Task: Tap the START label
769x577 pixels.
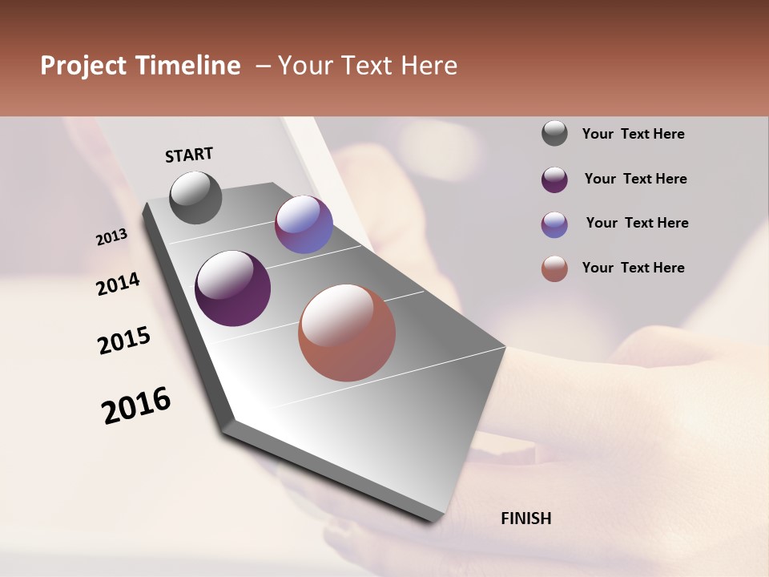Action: (189, 155)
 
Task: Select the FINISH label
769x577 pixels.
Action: (526, 518)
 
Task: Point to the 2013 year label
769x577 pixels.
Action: (112, 237)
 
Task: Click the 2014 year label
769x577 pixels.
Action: (119, 284)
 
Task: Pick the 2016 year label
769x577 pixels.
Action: (136, 406)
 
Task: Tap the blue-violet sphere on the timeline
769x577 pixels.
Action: (304, 225)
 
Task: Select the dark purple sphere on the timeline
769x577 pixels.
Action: (232, 288)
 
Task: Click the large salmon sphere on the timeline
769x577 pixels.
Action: (347, 333)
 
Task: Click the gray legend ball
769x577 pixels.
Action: (554, 134)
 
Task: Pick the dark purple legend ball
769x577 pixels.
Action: (554, 180)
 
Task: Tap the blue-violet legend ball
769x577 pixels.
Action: (554, 224)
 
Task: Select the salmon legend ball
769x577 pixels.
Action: (554, 268)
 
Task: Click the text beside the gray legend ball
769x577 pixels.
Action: (633, 135)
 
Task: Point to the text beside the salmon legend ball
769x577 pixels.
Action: (633, 268)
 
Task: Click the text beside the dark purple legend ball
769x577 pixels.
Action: (635, 179)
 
